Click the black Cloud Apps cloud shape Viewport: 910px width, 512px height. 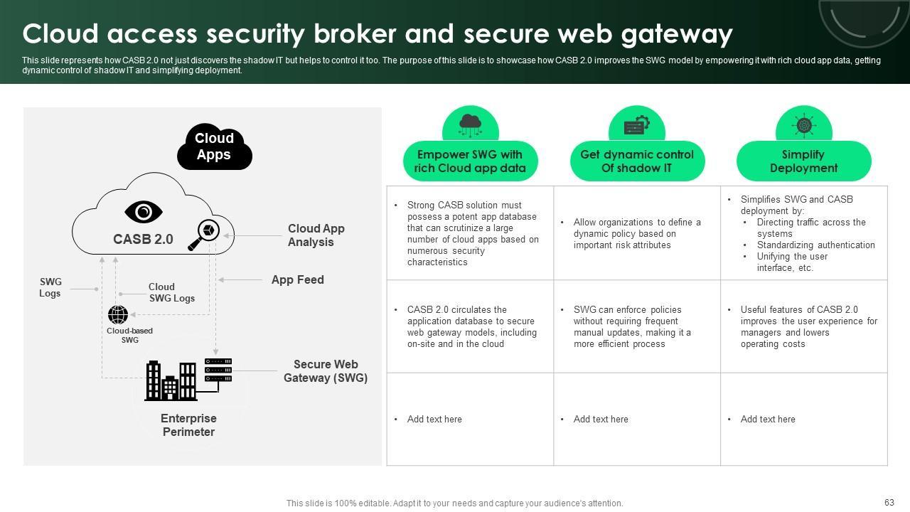point(214,146)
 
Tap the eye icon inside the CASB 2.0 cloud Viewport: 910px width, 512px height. point(144,212)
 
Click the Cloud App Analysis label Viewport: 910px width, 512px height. point(316,235)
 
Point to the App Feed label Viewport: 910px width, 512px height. point(297,280)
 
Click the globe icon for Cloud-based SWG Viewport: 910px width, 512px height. point(118,314)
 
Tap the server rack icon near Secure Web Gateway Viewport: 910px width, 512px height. point(218,370)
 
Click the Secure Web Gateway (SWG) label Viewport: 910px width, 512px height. point(326,371)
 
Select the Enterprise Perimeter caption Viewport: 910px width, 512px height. point(188,425)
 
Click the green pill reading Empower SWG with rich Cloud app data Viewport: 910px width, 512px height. point(470,161)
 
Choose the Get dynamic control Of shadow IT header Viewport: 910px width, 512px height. point(637,161)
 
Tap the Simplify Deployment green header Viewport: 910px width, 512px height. point(803,161)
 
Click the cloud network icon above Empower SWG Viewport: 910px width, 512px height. point(470,124)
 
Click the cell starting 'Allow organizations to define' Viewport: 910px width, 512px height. point(637,233)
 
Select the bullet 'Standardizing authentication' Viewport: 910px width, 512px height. point(815,245)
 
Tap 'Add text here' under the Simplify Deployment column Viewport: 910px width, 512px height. point(768,420)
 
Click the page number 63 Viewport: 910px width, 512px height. point(889,503)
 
